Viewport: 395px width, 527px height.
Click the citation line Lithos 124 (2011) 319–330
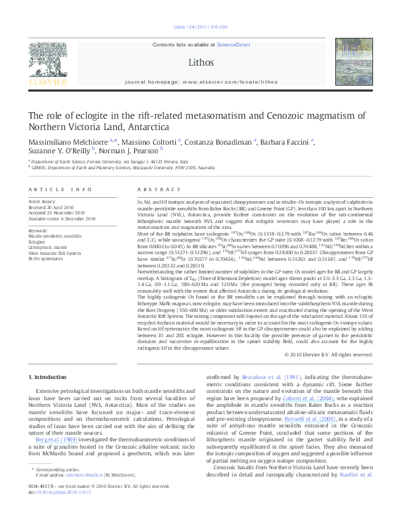point(197,27)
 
